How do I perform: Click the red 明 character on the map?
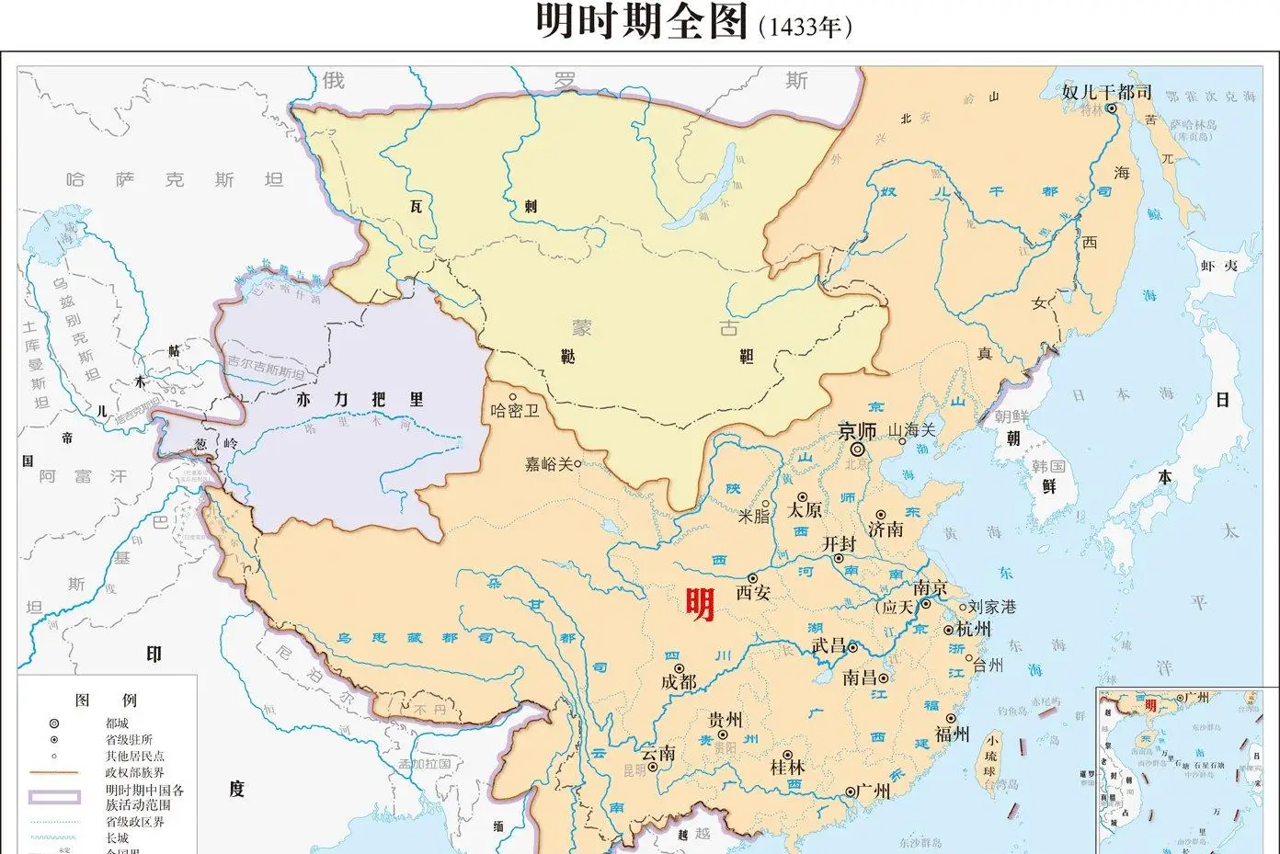[700, 604]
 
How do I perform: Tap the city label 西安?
[753, 593]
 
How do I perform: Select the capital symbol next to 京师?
[857, 450]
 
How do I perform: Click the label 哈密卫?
[515, 411]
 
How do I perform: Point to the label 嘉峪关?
[548, 465]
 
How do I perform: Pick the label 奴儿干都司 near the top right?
[1106, 92]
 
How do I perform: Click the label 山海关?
[910, 430]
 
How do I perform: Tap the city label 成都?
[680, 682]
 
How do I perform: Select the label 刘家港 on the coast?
[992, 607]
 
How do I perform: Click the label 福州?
[953, 734]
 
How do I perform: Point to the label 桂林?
[787, 766]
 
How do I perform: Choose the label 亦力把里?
[360, 400]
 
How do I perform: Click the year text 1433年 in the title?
[805, 27]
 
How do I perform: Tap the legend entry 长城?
[117, 837]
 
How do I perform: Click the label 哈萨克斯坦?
[174, 180]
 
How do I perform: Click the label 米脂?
[754, 517]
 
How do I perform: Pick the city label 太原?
[805, 510]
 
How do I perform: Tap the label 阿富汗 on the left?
[83, 476]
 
